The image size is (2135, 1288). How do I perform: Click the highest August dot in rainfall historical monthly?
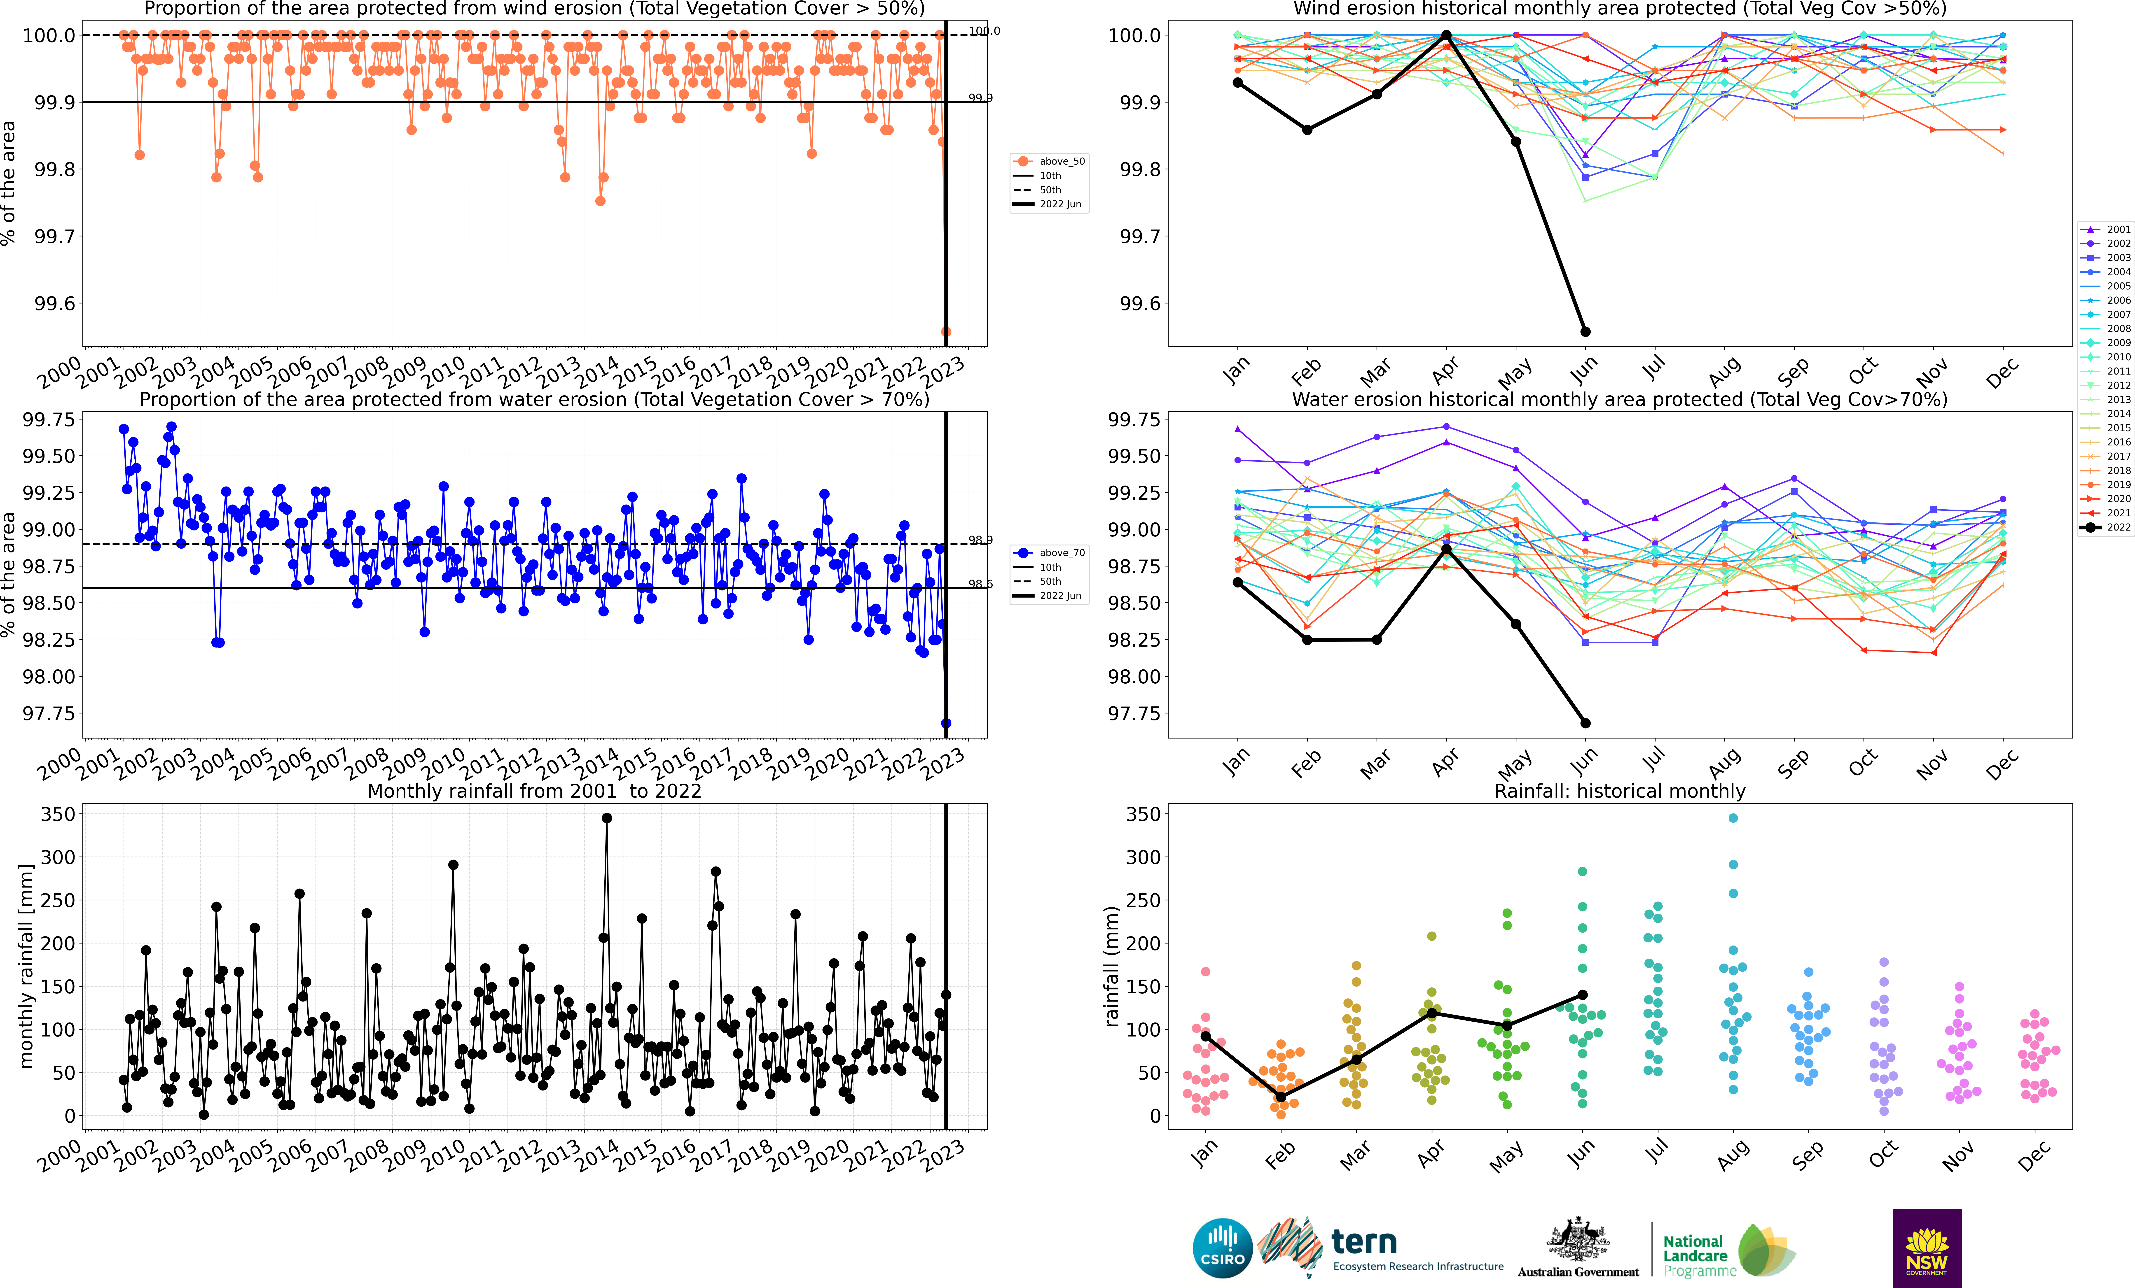[1733, 818]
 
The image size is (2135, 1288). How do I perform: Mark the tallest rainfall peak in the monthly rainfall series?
[607, 818]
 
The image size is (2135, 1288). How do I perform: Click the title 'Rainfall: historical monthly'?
[1619, 791]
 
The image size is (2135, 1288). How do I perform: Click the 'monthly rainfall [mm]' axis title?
[26, 966]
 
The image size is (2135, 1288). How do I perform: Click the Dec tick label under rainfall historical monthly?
[2033, 1156]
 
